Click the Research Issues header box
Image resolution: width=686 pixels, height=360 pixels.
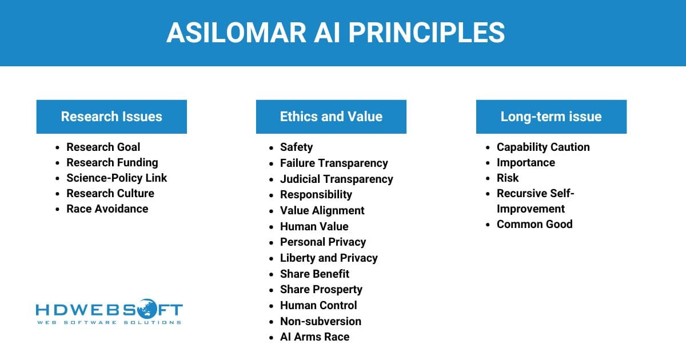[111, 117]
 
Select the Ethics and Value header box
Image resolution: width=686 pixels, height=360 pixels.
[331, 117]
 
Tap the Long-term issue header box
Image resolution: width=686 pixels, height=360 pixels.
[551, 117]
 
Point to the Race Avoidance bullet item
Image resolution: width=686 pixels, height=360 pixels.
[107, 209]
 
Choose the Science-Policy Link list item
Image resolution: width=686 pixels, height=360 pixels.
[117, 178]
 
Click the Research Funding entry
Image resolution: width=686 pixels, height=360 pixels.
[112, 162]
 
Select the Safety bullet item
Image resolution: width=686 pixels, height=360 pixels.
[296, 147]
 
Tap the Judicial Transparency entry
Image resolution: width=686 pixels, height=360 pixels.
[336, 179]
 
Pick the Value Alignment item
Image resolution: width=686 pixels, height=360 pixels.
[322, 210]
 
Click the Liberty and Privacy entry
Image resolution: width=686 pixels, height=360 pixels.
[329, 258]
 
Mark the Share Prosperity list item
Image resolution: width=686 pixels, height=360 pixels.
[321, 289]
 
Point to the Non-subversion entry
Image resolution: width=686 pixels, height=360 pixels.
[320, 321]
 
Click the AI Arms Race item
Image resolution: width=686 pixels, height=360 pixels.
[314, 337]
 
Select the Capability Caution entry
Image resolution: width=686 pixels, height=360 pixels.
[543, 147]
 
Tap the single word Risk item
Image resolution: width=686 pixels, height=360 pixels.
[508, 178]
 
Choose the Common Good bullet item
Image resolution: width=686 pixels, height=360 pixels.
[534, 224]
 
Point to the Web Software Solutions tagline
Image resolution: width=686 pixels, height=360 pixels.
[109, 323]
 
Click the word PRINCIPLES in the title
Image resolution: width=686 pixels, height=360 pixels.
[426, 33]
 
